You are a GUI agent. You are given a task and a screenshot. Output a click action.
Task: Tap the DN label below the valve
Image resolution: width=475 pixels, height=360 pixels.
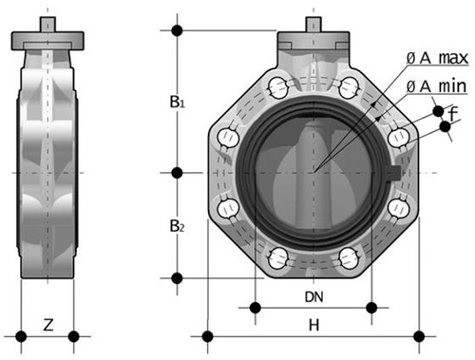point(313,296)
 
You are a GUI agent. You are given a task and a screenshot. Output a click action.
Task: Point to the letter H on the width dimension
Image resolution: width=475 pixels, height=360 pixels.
point(313,326)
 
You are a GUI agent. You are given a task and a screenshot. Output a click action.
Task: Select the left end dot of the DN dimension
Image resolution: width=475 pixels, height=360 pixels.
point(255,306)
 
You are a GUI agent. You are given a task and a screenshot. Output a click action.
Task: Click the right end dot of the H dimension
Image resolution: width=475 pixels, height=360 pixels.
point(420,334)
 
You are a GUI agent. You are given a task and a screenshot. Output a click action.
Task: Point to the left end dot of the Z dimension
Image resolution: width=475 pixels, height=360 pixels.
point(18,334)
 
